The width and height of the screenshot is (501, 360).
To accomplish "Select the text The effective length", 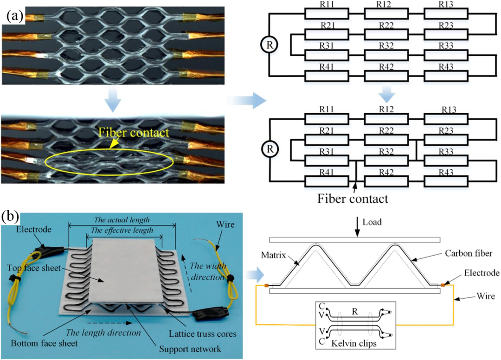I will tap(122, 231).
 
